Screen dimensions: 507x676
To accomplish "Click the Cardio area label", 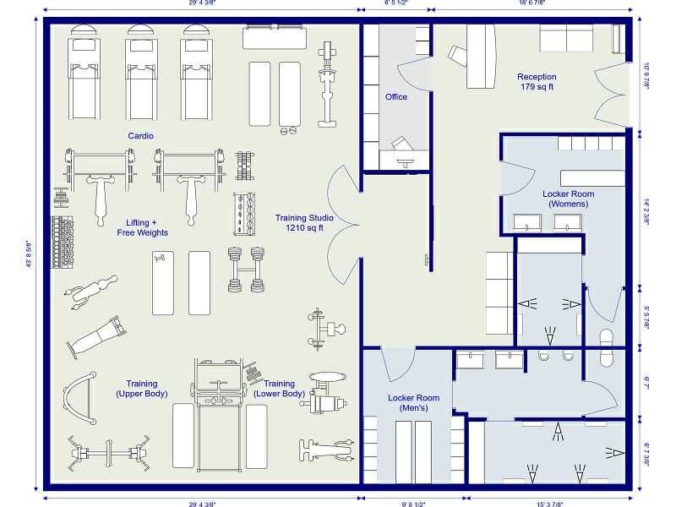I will tap(140, 135).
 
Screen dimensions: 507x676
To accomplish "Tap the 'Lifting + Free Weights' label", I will tap(142, 227).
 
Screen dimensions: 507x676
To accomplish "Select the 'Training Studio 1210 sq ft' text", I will tap(304, 222).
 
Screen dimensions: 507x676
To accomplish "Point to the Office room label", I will tap(396, 97).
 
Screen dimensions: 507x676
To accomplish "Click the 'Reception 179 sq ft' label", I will tap(536, 82).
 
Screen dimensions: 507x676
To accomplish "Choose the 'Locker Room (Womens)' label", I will tap(568, 199).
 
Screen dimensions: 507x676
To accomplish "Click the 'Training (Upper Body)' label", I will tap(142, 389).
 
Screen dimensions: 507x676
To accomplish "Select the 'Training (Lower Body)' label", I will tap(279, 389).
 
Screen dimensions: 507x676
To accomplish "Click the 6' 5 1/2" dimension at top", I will tap(396, 3).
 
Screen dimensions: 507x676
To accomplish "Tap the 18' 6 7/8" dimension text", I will tap(532, 3).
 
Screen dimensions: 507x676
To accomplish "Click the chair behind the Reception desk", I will tap(457, 56).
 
